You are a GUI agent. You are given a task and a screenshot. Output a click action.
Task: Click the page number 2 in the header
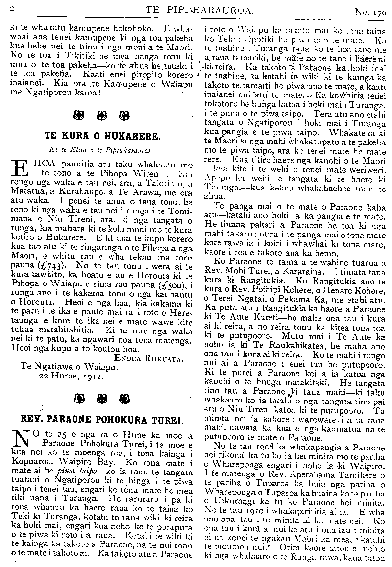11,9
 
